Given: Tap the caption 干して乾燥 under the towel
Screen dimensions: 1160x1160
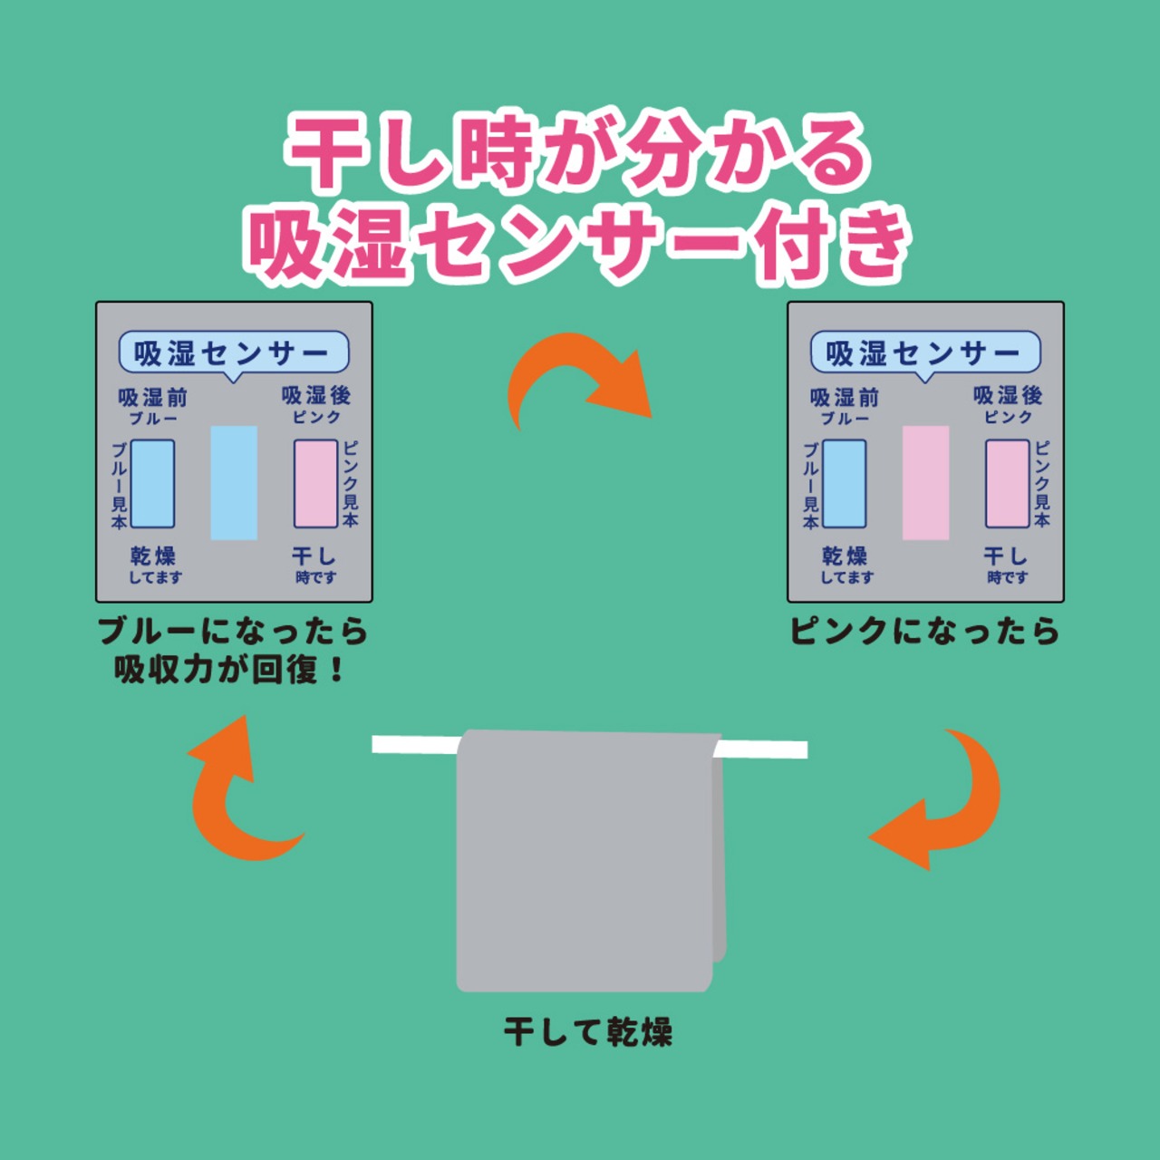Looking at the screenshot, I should [588, 1031].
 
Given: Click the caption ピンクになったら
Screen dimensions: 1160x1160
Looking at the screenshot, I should [924, 631].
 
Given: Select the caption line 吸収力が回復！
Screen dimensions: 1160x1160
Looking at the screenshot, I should [230, 670].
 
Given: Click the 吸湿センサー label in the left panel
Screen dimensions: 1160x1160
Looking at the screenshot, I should [233, 353].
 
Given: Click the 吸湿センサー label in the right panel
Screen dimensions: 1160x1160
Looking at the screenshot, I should [924, 353].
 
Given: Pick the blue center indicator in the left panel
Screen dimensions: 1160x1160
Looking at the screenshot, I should [234, 483].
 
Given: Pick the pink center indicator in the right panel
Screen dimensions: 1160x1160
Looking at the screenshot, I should [925, 483].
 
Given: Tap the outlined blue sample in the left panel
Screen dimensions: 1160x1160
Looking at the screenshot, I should [152, 484].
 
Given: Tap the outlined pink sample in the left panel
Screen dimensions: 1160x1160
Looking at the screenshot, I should [315, 484].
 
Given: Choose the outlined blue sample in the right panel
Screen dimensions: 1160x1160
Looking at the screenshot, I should [844, 484].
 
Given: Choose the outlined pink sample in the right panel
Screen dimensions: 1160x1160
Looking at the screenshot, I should [1007, 484].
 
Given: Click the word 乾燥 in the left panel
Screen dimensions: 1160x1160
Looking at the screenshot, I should [153, 555].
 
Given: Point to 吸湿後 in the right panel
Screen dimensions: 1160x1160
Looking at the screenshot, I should [1008, 395].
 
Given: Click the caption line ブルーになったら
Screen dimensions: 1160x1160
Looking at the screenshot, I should [233, 631].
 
